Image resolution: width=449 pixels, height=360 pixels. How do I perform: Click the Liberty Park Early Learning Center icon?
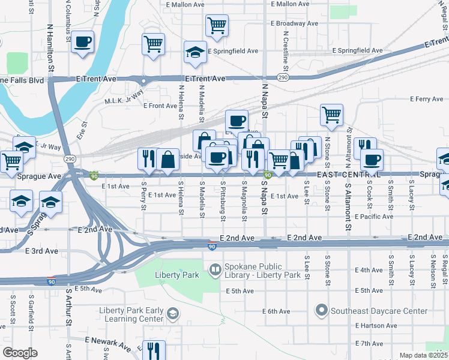173,314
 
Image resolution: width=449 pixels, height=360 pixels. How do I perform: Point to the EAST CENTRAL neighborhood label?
348,174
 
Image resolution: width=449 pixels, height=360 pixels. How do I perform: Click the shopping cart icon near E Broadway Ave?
217,26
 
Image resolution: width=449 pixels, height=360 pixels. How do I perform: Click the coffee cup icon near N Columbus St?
83,42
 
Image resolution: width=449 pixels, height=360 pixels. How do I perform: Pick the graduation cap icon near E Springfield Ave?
195,52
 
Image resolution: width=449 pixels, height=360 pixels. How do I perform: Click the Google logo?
20,352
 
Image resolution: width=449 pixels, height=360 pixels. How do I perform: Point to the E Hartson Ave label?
376,326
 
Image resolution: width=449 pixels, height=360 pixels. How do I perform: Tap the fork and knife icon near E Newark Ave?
154,350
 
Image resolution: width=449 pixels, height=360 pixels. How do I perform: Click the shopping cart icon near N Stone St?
331,115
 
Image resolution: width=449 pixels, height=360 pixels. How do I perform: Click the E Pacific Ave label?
373,216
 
